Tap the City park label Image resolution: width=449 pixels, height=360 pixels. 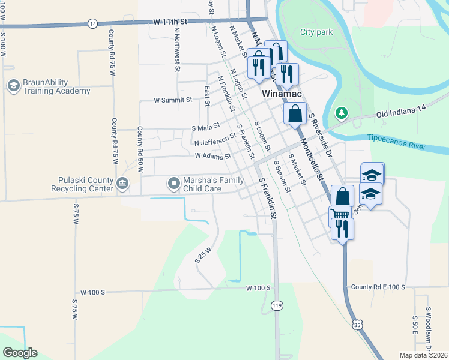[x=316, y=32]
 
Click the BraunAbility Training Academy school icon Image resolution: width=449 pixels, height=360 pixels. [x=12, y=86]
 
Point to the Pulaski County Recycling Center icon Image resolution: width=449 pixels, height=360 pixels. [x=122, y=182]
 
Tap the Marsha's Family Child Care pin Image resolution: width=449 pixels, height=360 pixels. [x=174, y=182]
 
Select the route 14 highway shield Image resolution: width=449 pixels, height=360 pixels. [x=92, y=23]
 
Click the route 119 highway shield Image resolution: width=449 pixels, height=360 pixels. [x=276, y=306]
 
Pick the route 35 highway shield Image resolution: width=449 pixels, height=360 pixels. [x=358, y=325]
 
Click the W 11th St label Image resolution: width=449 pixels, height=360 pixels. [x=170, y=22]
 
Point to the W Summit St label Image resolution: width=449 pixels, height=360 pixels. [x=173, y=100]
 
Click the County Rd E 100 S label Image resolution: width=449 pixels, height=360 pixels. [x=379, y=287]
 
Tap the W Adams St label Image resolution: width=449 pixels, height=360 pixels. [x=212, y=155]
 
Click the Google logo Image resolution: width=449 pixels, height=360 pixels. [x=20, y=353]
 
